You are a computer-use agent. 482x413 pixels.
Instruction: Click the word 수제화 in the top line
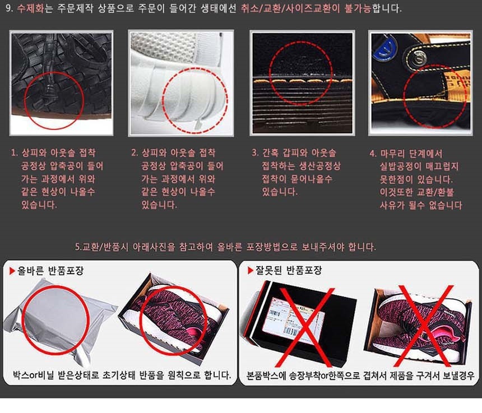click(30, 8)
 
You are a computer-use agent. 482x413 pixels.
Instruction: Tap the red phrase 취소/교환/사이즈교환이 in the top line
click(291, 8)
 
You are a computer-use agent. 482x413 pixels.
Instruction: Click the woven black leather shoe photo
click(62, 83)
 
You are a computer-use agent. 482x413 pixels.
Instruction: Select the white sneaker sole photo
click(180, 83)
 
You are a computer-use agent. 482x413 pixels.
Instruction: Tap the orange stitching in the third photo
click(303, 81)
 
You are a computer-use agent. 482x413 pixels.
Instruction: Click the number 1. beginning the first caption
click(14, 153)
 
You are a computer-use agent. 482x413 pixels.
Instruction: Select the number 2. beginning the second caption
click(135, 153)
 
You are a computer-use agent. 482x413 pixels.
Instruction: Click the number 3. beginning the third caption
click(255, 153)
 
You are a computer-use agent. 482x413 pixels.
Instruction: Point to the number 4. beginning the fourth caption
click(373, 154)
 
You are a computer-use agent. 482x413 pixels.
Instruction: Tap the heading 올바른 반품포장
click(50, 271)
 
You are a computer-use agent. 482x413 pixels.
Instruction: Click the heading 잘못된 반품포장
click(289, 271)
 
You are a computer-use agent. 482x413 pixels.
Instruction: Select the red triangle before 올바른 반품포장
click(12, 271)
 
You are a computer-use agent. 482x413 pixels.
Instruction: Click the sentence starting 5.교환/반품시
click(226, 247)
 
